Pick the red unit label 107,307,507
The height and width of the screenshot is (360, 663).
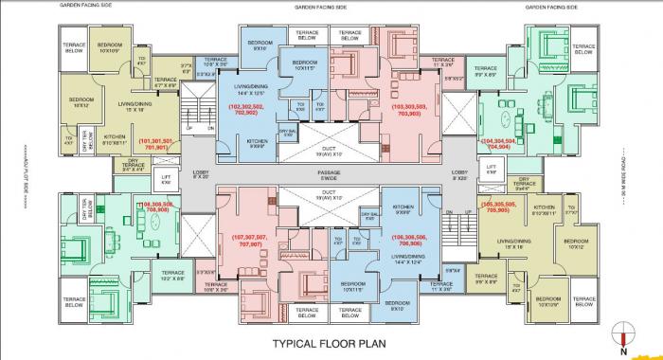pos(250,240)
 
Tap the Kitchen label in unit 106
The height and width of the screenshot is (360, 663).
pos(403,208)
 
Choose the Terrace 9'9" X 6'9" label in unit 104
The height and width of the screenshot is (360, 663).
pos(487,71)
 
